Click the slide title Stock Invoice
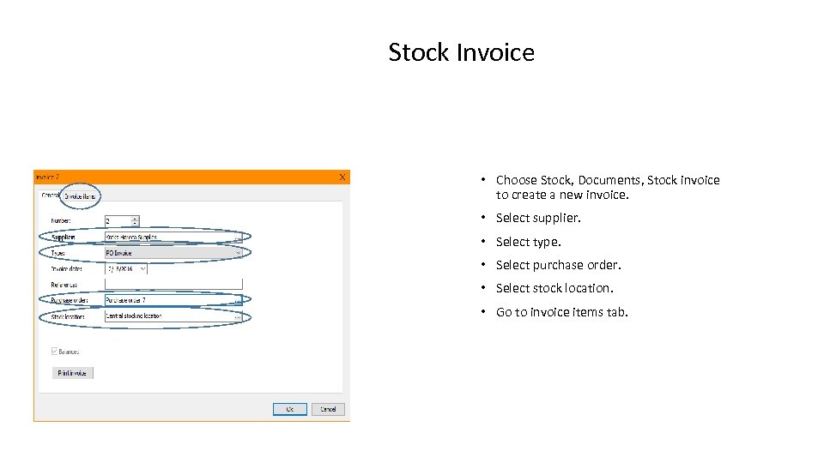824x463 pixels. click(461, 52)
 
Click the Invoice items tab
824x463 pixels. click(82, 196)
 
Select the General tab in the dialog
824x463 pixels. click(51, 195)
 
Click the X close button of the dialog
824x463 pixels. click(342, 177)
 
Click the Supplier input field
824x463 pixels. click(167, 237)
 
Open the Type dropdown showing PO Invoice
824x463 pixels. click(173, 253)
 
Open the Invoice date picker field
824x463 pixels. click(125, 268)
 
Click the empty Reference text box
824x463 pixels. click(173, 284)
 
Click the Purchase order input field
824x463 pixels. click(167, 300)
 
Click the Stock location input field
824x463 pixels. click(167, 316)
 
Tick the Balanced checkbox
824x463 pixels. click(56, 352)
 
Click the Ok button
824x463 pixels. click(289, 409)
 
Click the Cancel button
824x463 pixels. click(328, 409)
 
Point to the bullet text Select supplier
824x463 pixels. click(538, 218)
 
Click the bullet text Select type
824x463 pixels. click(528, 242)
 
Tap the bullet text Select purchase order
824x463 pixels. click(558, 265)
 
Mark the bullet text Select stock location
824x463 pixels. click(554, 288)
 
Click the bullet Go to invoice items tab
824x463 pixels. click(561, 312)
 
